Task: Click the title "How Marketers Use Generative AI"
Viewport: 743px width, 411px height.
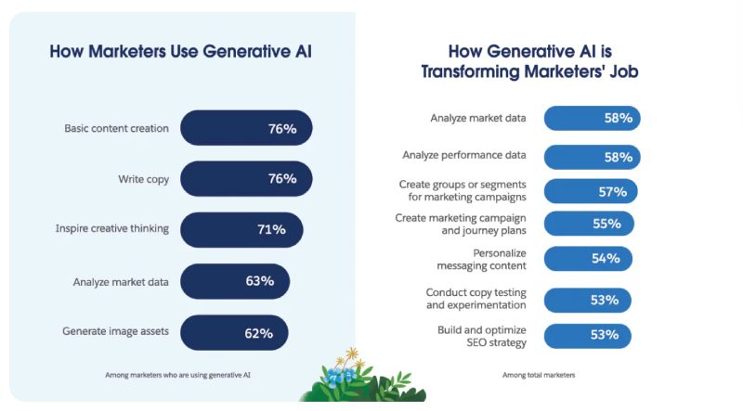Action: pyautogui.click(x=180, y=51)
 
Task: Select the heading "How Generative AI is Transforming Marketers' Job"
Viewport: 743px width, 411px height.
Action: pyautogui.click(x=529, y=61)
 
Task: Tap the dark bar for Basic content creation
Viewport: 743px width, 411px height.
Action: pyautogui.click(x=246, y=128)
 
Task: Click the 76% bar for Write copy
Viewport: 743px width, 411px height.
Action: pyautogui.click(x=246, y=178)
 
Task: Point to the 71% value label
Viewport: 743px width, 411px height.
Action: pyautogui.click(x=271, y=229)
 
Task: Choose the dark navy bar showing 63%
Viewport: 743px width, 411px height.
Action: pyautogui.click(x=235, y=280)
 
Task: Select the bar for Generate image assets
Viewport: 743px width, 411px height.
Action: pyautogui.click(x=234, y=331)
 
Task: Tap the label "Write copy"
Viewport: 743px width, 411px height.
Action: pyautogui.click(x=143, y=178)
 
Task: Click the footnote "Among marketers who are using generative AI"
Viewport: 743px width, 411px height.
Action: pyautogui.click(x=178, y=375)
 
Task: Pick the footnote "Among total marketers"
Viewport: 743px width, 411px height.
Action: pyautogui.click(x=539, y=375)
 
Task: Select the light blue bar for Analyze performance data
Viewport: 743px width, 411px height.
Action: pyautogui.click(x=592, y=157)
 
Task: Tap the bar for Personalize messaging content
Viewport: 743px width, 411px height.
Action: pyautogui.click(x=587, y=258)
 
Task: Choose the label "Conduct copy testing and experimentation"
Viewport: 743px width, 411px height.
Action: pyautogui.click(x=476, y=299)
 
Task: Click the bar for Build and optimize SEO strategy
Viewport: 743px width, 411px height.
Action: pyautogui.click(x=587, y=335)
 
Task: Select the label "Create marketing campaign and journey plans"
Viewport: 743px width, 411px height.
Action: pyautogui.click(x=461, y=224)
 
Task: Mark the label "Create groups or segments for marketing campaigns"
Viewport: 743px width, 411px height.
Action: pyautogui.click(x=463, y=191)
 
